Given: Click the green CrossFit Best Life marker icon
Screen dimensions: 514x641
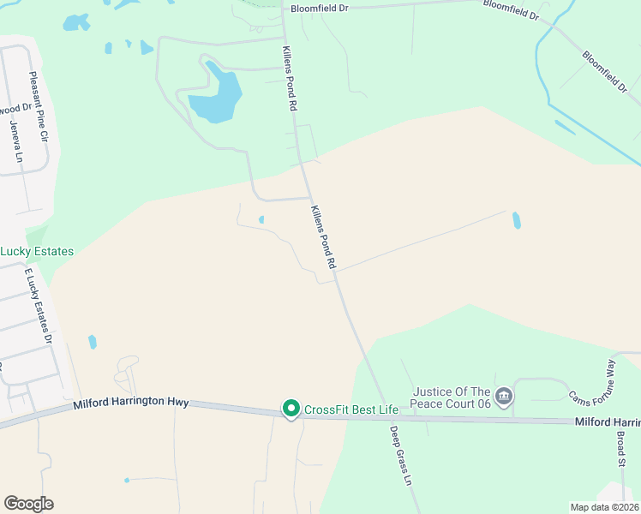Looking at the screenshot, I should (x=291, y=409).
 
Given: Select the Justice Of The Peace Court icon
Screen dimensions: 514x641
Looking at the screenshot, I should (x=504, y=395).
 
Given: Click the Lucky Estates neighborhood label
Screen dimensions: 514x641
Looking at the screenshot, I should (x=37, y=251).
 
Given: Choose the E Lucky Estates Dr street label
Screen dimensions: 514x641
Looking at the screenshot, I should (x=39, y=306).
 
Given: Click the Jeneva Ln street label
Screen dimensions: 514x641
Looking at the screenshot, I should (x=15, y=140).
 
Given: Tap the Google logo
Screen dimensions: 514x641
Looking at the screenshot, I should (x=28, y=504).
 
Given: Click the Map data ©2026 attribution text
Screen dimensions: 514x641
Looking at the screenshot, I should (x=604, y=507).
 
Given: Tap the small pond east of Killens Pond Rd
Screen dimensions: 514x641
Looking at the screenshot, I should (x=516, y=220).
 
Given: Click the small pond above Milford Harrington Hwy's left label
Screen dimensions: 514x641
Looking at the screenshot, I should (x=92, y=342).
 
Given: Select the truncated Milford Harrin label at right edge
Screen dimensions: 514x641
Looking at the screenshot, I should (x=607, y=422).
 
